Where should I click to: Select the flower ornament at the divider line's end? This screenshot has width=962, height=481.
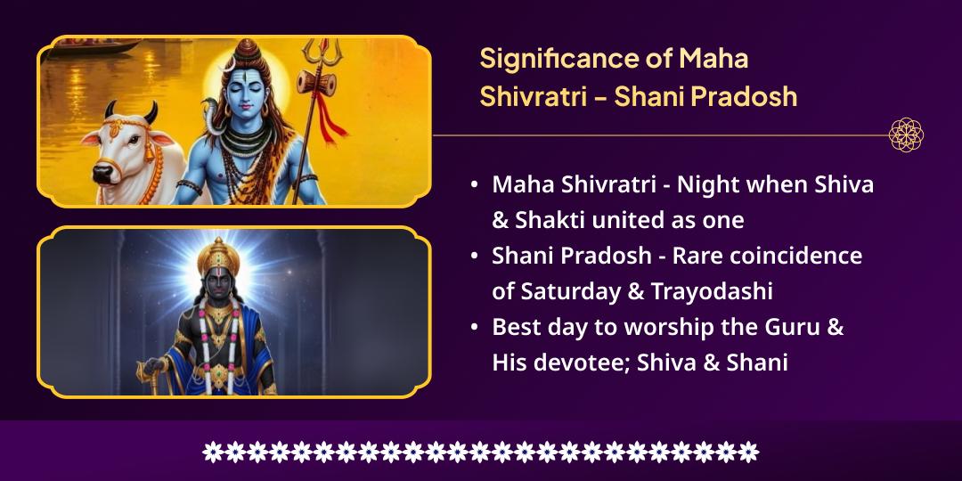906,135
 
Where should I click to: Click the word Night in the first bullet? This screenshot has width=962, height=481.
708,185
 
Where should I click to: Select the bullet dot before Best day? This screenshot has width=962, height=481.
475,328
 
